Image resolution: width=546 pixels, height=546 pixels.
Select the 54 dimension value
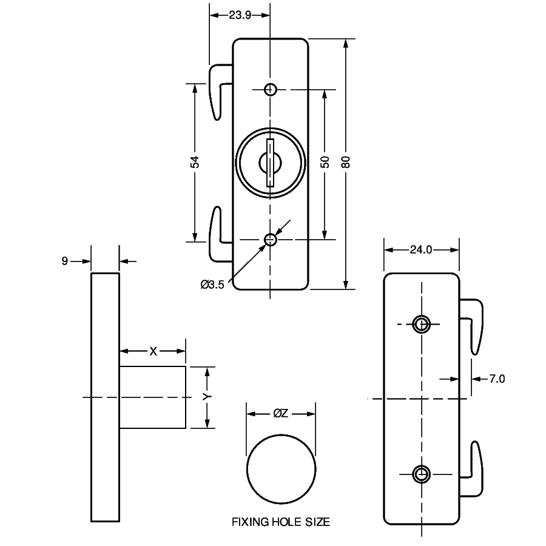pos(195,162)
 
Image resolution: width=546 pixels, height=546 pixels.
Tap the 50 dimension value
pos(325,162)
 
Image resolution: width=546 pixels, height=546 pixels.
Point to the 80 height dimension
pos(346,162)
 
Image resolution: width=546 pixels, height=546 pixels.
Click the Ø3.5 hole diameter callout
pos(212,284)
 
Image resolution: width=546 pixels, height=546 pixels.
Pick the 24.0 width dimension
pos(421,249)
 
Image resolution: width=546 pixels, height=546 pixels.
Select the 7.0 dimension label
pos(497,379)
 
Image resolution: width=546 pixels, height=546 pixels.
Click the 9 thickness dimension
pos(64,261)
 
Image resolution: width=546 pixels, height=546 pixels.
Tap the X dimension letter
pos(153,351)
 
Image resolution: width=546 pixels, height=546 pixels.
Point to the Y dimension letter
pos(207,397)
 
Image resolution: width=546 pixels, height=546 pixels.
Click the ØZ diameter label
pos(280,414)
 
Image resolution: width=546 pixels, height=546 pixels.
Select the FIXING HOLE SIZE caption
pos(281,522)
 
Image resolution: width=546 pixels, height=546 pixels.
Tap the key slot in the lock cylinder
pos(271,162)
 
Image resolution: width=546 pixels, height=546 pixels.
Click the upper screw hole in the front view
pos(271,90)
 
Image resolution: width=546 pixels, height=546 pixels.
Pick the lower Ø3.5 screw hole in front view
pos(271,240)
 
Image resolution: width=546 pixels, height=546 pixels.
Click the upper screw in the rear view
pos(421,324)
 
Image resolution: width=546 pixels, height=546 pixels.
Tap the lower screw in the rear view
pos(421,473)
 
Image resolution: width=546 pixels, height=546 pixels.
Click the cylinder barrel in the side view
pos(152,397)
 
